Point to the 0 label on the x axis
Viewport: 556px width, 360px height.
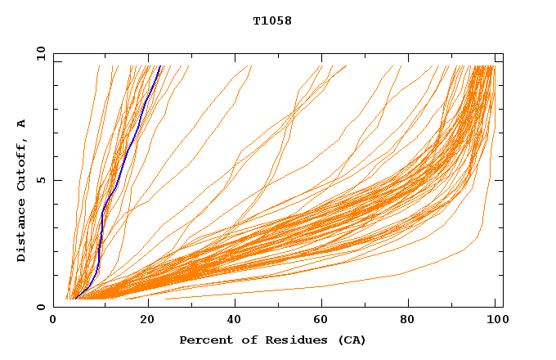coord(53,321)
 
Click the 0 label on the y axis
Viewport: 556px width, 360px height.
coord(41,307)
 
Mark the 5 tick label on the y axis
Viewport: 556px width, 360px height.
coord(41,180)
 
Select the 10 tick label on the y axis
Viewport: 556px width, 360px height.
coord(39,53)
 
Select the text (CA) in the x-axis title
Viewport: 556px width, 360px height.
coord(352,340)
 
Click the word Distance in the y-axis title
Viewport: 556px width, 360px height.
coord(21,232)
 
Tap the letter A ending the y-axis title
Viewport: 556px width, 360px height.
coord(21,123)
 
